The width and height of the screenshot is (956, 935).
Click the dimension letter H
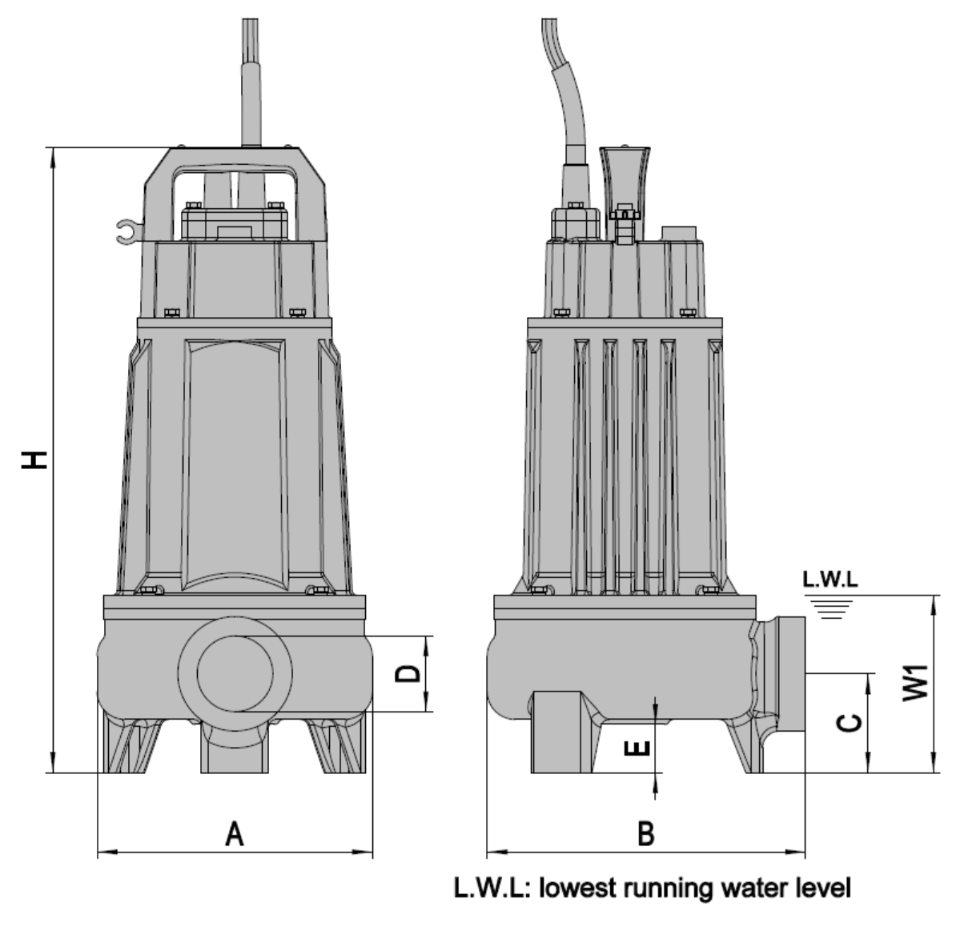pos(34,459)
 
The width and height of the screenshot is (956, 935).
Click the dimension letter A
pos(235,833)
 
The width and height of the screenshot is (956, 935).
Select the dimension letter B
pos(645,833)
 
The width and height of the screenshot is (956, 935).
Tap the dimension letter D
pos(408,673)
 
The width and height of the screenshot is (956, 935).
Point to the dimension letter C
pos(850,722)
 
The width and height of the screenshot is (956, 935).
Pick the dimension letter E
pos(638,747)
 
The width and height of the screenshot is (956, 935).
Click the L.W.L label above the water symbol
pos(830,579)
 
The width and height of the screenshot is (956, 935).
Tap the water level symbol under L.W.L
pos(830,607)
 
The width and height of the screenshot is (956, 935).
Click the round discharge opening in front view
pos(235,673)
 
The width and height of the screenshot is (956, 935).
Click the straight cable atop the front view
pos(251,82)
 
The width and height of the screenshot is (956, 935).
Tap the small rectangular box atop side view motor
pos(679,234)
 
